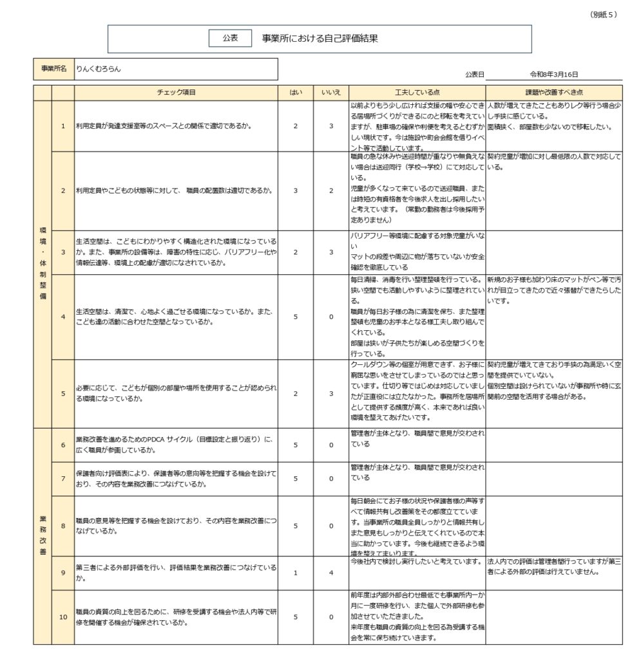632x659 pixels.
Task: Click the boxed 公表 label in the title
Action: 230,39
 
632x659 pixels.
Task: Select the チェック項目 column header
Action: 176,93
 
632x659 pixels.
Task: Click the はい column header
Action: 295,93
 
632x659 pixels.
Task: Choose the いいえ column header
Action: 330,93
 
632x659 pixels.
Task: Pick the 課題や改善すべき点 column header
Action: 553,93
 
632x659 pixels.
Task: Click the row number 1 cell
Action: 63,126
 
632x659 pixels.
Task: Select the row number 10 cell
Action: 63,617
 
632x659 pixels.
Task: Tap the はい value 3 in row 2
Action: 295,190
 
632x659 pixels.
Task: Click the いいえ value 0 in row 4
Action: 331,317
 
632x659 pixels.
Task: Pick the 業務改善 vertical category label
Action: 42,534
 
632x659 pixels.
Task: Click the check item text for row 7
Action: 176,478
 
